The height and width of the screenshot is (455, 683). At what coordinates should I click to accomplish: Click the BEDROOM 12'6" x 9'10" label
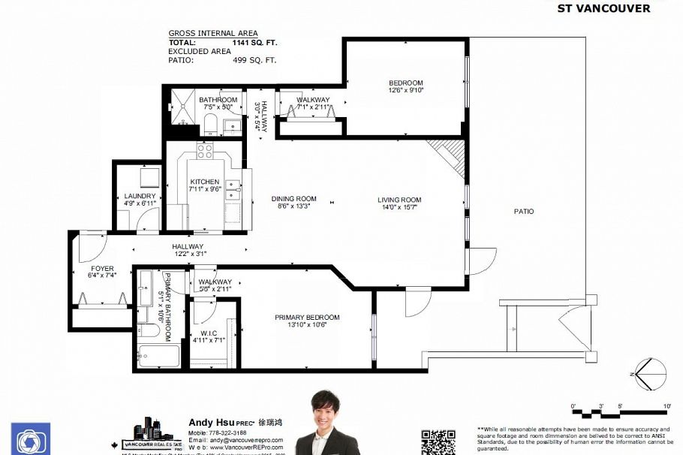coord(405,86)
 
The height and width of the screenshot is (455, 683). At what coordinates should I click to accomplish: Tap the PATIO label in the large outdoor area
coord(524,212)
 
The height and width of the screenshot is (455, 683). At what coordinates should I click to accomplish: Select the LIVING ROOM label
coord(399,203)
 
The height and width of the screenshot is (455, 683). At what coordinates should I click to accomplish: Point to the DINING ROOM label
coord(293,203)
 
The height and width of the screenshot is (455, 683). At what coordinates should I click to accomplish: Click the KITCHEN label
coord(205,185)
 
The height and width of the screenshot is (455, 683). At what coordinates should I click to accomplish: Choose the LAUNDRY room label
coord(140,200)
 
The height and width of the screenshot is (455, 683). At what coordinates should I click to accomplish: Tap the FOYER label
coord(102,271)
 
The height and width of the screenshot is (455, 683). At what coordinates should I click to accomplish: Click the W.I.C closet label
coord(209,336)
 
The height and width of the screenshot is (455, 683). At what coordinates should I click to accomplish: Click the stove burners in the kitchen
coord(205,152)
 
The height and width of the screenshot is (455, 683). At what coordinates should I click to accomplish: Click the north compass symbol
coord(645,374)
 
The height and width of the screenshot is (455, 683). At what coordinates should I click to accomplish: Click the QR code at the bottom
coord(438,441)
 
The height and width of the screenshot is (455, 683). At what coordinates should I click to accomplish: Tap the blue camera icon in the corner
coord(31,439)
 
